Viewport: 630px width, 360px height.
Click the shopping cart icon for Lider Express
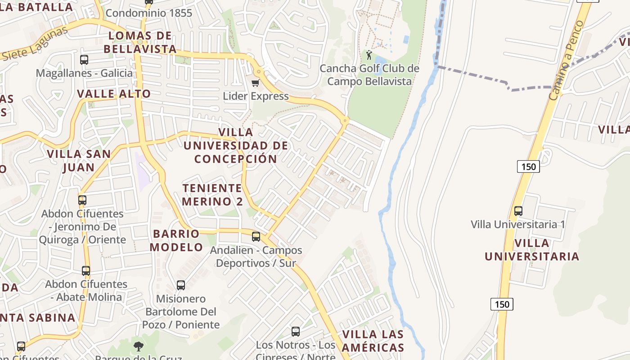(x=255, y=83)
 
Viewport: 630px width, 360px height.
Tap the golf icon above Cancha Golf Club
(x=369, y=55)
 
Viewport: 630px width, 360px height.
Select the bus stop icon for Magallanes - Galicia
(x=84, y=59)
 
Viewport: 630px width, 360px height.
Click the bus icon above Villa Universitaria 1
(x=518, y=211)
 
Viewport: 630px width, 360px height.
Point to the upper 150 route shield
(x=528, y=166)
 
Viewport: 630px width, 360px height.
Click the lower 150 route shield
(x=502, y=304)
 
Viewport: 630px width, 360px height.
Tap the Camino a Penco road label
(x=567, y=60)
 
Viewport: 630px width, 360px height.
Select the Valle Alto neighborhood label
(x=114, y=94)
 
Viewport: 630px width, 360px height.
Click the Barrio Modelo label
(x=176, y=240)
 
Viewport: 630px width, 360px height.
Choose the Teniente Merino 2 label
(x=212, y=194)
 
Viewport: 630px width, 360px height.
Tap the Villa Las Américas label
(x=373, y=341)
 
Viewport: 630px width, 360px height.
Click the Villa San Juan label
(x=79, y=161)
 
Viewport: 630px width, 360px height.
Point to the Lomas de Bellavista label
(x=140, y=42)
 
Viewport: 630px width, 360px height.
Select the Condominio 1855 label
(x=149, y=13)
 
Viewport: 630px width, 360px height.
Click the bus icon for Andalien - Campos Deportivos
(x=256, y=236)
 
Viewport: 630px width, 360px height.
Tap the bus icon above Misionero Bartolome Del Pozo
(x=180, y=285)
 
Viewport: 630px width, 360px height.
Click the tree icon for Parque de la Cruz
(x=139, y=346)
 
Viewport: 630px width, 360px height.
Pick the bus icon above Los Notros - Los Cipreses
(x=296, y=332)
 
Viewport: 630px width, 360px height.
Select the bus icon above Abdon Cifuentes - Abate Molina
(x=86, y=271)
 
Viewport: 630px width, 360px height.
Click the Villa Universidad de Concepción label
(x=236, y=145)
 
